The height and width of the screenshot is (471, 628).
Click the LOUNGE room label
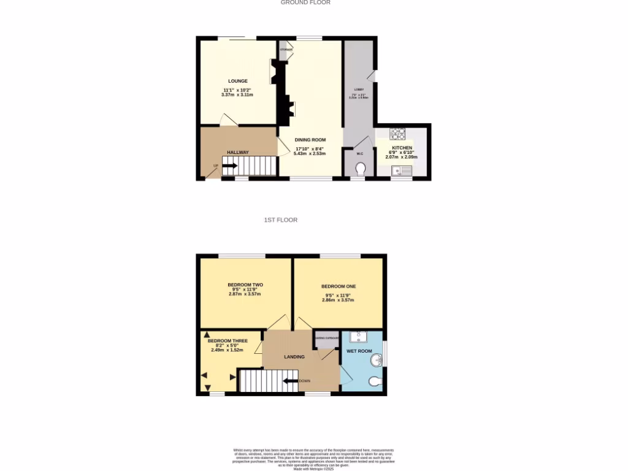238,81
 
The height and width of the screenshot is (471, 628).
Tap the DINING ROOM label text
310,140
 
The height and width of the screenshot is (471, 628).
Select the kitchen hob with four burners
397,133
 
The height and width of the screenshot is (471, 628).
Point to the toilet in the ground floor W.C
360,169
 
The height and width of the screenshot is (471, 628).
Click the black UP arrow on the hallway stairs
229,165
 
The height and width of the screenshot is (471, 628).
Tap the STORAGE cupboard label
285,49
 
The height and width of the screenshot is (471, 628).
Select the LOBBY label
359,90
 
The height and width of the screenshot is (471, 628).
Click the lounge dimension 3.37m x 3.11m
237,95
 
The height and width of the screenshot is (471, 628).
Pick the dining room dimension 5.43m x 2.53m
310,153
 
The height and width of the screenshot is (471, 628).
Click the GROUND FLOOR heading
305,2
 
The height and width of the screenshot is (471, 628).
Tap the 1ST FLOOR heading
280,220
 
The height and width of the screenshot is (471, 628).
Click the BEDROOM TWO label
245,285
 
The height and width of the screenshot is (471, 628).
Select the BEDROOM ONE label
339,286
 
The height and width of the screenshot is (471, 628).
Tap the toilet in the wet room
375,381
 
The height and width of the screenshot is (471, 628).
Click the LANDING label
294,356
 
